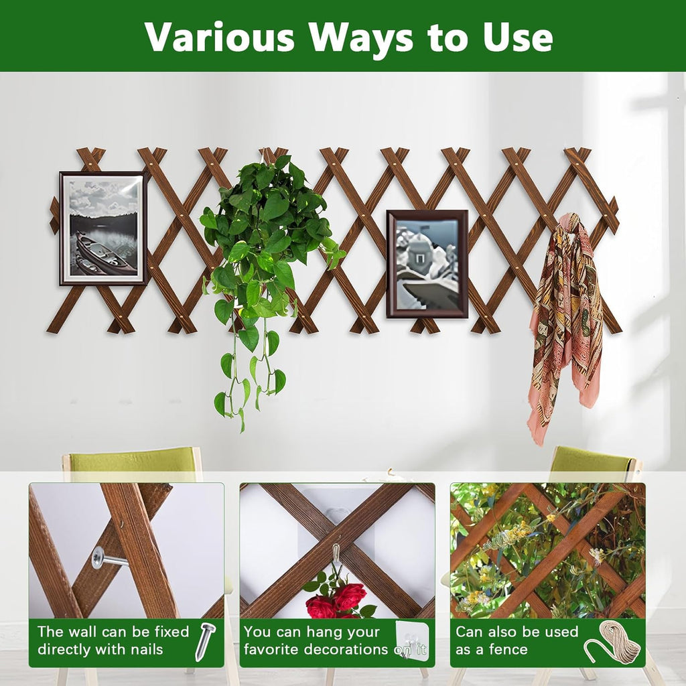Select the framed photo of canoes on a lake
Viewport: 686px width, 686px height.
click(x=104, y=228)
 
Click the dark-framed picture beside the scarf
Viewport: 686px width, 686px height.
click(x=427, y=263)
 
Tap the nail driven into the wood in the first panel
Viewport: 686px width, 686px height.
click(x=107, y=559)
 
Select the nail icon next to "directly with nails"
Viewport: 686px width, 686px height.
click(x=204, y=640)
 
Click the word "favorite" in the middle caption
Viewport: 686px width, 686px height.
click(x=273, y=649)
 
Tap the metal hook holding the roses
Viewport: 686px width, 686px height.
click(x=336, y=556)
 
